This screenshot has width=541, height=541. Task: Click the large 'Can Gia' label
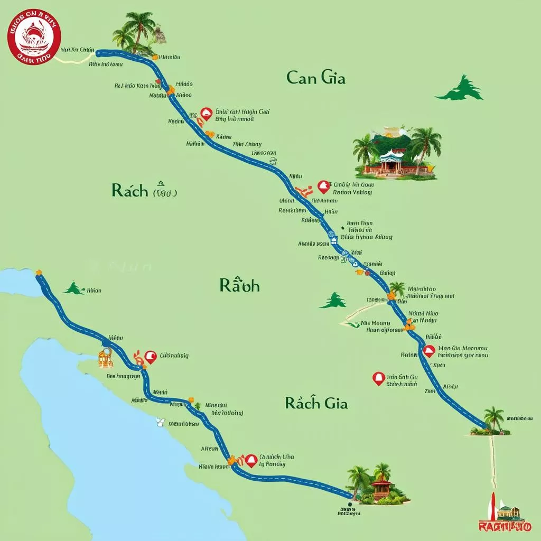pyautogui.click(x=315, y=78)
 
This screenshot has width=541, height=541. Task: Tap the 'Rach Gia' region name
pyautogui.click(x=316, y=403)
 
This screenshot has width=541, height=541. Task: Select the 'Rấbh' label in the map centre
pyautogui.click(x=239, y=286)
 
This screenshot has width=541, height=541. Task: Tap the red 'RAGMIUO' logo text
pyautogui.click(x=504, y=526)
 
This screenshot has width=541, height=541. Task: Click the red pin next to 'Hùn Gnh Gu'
pyautogui.click(x=378, y=378)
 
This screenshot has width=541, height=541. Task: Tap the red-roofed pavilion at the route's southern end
pyautogui.click(x=381, y=487)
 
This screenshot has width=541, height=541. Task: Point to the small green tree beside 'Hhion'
pyautogui.click(x=74, y=288)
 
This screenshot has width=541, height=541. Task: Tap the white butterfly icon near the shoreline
pyautogui.click(x=161, y=422)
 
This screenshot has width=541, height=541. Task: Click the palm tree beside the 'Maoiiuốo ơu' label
pyautogui.click(x=493, y=419)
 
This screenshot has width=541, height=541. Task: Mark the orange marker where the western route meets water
pyautogui.click(x=39, y=273)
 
